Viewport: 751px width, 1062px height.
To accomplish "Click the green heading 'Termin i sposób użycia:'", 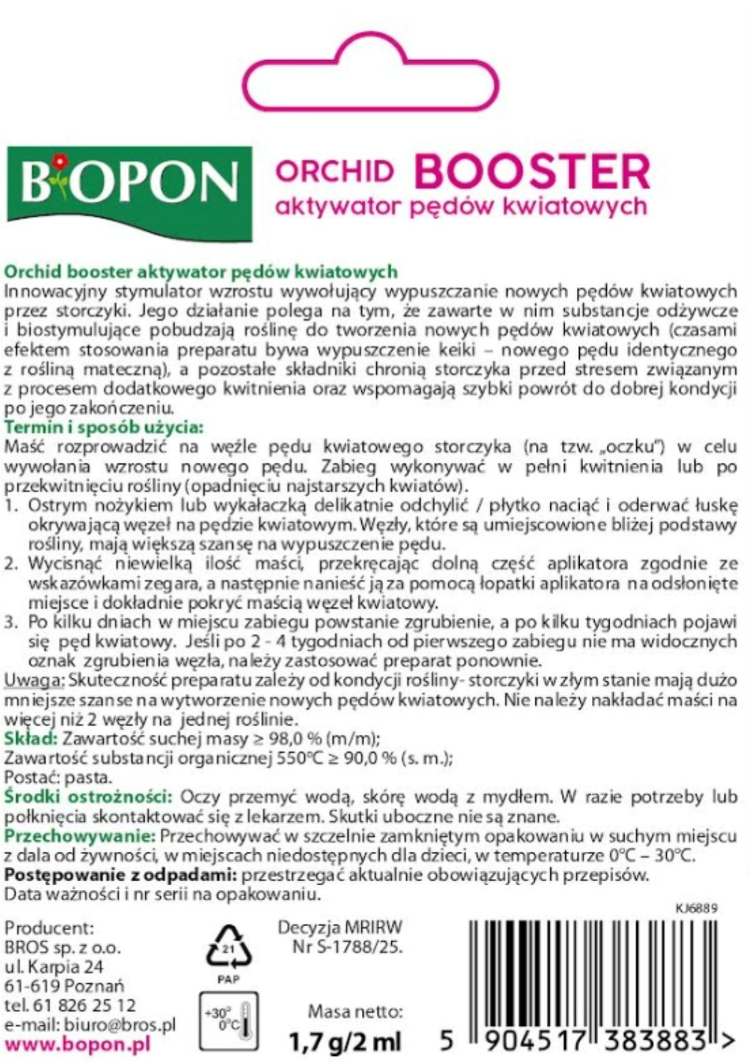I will tap(104, 428).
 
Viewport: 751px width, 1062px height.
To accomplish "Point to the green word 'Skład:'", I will tap(31, 738).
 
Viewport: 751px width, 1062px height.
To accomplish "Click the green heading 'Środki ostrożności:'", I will tap(88, 796).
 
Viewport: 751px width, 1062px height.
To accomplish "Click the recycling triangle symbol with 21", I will tap(229, 948).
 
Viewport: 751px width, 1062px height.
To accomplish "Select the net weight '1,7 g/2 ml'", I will tap(345, 1042).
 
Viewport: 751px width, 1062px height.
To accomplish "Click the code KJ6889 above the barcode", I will tap(696, 908).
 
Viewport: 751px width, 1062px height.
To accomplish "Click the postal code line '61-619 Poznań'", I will tap(64, 986).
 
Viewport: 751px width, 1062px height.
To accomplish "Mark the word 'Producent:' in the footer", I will tap(48, 928).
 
